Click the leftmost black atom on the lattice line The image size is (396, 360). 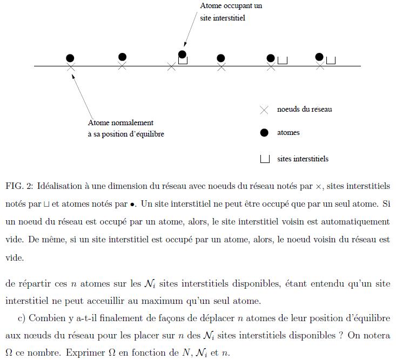click(70, 58)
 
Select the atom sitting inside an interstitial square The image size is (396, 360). click(182, 55)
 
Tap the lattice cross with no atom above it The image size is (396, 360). click(172, 66)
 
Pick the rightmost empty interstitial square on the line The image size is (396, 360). click(331, 60)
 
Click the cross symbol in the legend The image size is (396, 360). click(264, 110)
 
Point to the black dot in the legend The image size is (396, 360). click(264, 133)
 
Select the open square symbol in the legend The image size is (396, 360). click(265, 159)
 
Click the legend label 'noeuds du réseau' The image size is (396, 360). click(304, 109)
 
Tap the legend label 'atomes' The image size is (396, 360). click(288, 133)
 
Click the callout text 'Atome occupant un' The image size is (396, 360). click(231, 6)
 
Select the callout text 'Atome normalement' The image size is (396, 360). click(120, 123)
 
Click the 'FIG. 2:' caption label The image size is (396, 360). click(19, 186)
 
